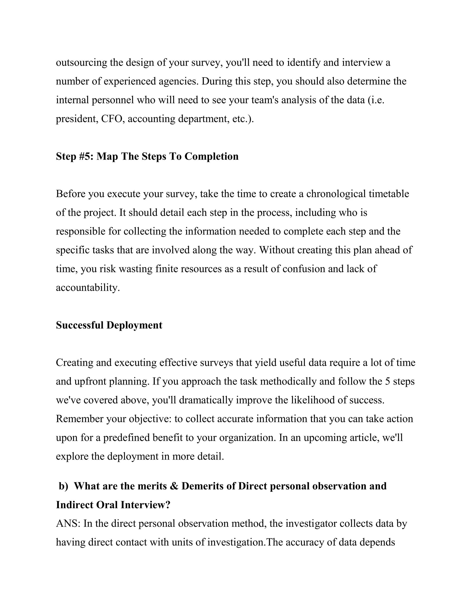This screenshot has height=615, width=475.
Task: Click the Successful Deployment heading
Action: point(109,325)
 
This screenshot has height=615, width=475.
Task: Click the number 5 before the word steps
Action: point(388,381)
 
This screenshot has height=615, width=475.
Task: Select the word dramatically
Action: point(206,400)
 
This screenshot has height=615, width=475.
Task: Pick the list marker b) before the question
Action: point(64,486)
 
